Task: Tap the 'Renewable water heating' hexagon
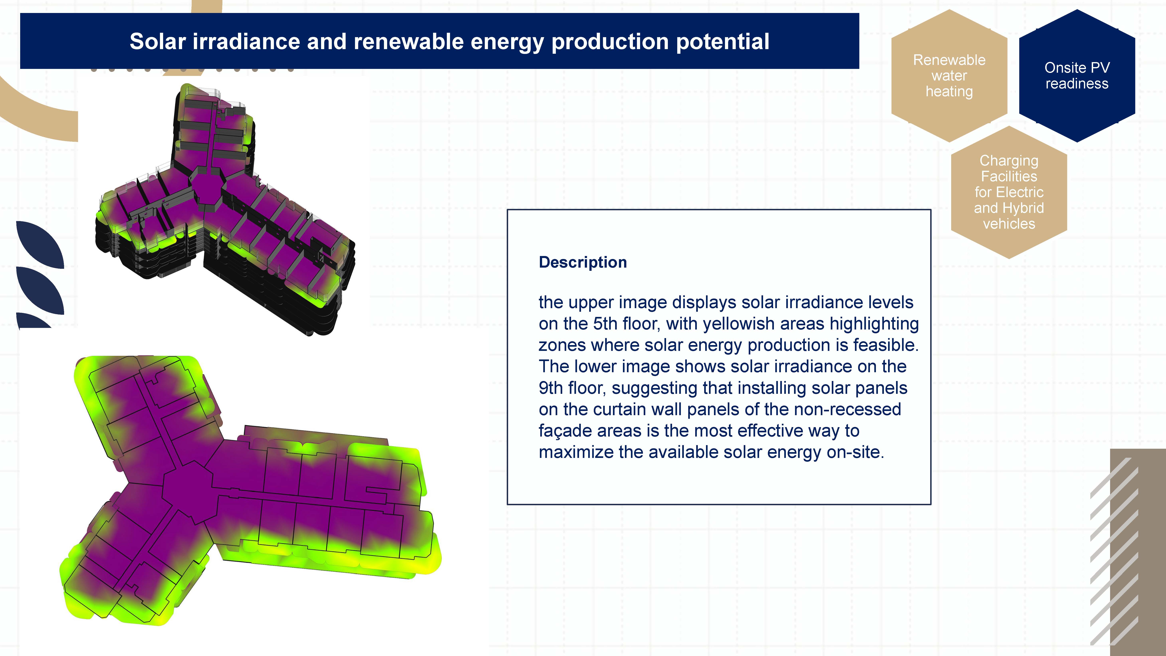pyautogui.click(x=949, y=76)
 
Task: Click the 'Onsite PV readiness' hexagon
pyautogui.click(x=1077, y=76)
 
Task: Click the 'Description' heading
pyautogui.click(x=583, y=262)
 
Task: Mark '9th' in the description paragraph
pyautogui.click(x=550, y=388)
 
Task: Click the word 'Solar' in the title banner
pyautogui.click(x=158, y=42)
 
